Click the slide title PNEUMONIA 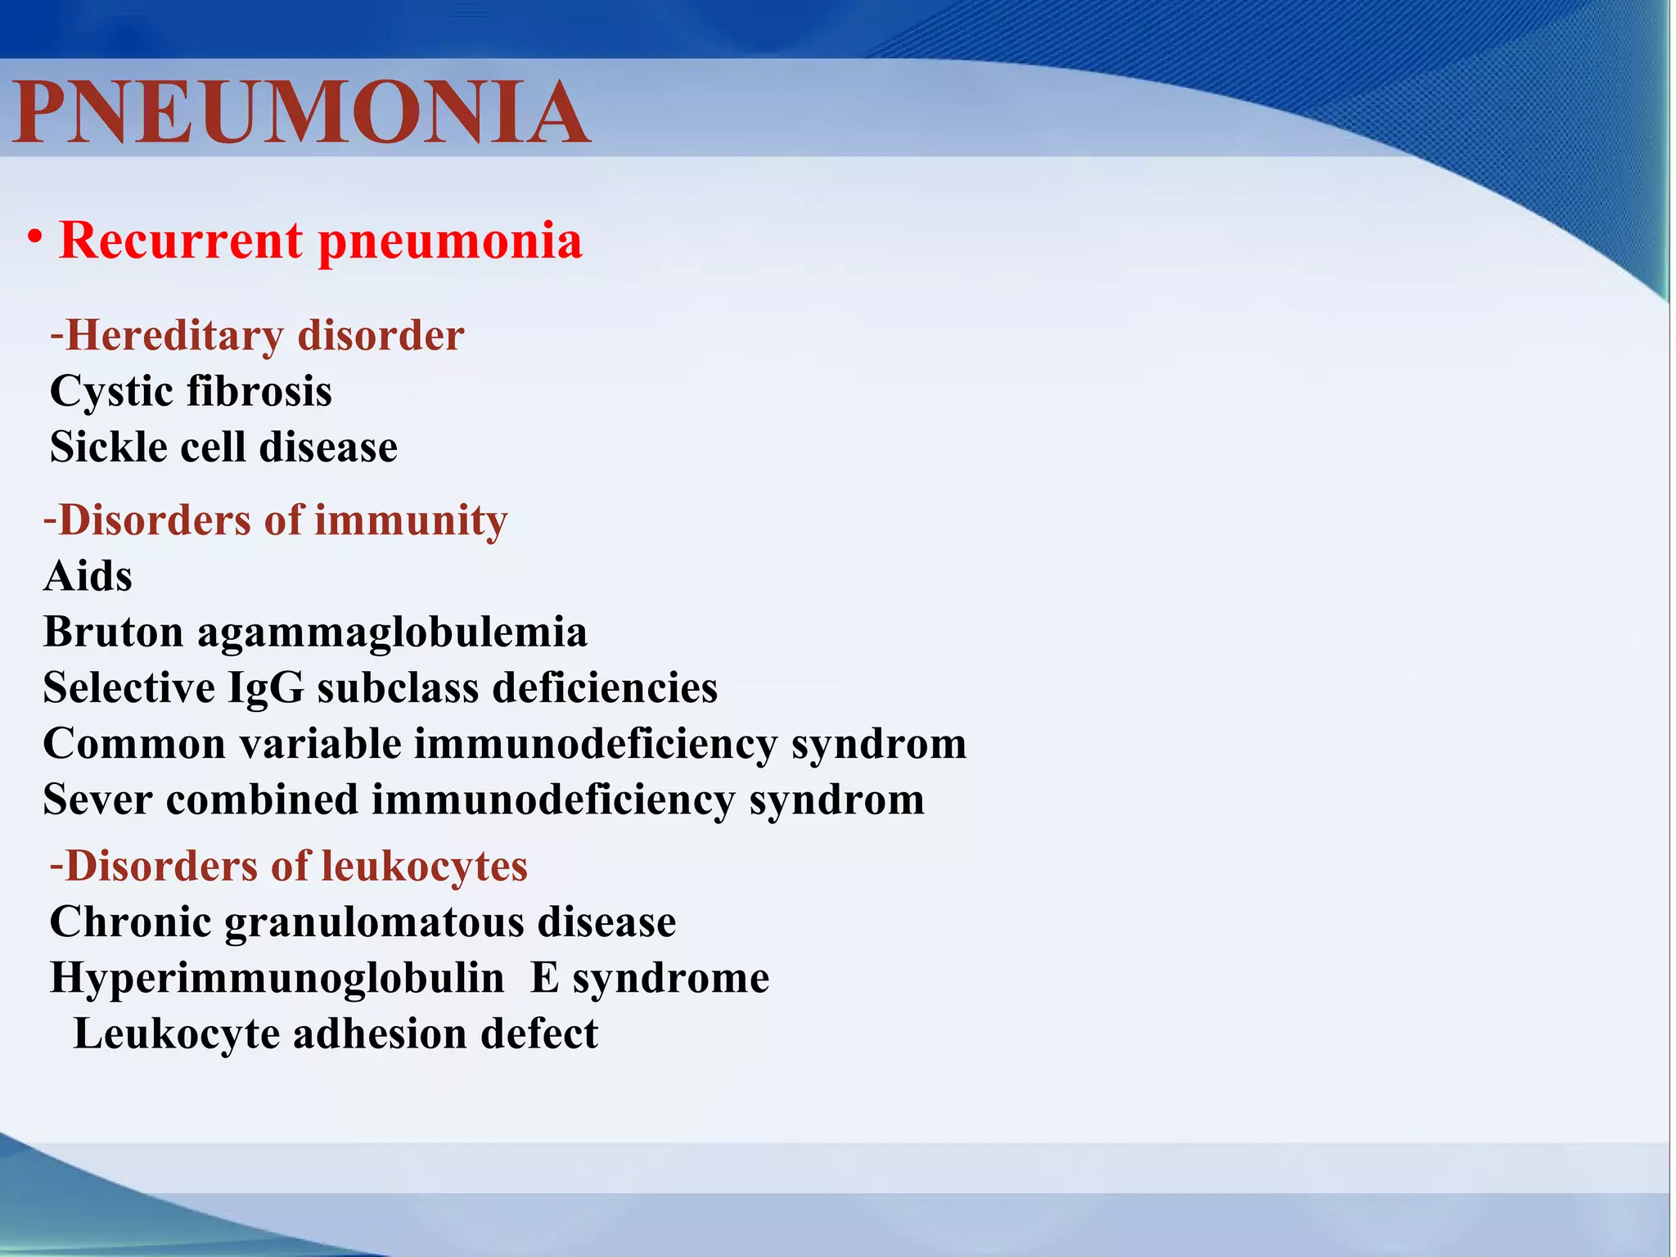[301, 113]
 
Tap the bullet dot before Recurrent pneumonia [34, 238]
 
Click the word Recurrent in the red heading [181, 241]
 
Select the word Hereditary [174, 336]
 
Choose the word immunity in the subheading [411, 521]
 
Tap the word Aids [88, 576]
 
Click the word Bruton [113, 633]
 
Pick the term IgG [265, 688]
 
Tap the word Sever [97, 800]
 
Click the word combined [262, 800]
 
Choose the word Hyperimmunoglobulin [277, 979]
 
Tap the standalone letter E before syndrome [544, 978]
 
